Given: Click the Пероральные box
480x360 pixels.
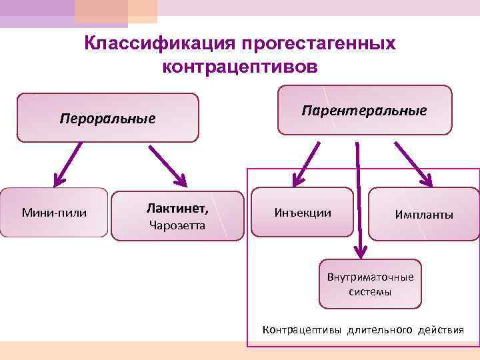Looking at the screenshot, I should (x=107, y=118).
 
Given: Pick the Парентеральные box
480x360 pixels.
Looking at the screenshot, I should (x=365, y=110).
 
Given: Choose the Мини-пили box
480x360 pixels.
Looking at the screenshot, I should (x=55, y=213).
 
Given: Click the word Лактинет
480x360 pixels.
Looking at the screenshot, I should (x=177, y=209).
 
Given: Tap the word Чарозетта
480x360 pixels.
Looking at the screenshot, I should (x=177, y=225).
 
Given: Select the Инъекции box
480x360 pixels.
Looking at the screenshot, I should (x=302, y=213).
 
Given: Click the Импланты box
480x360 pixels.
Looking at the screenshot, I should (x=424, y=215).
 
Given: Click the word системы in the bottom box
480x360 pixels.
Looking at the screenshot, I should (x=370, y=292).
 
